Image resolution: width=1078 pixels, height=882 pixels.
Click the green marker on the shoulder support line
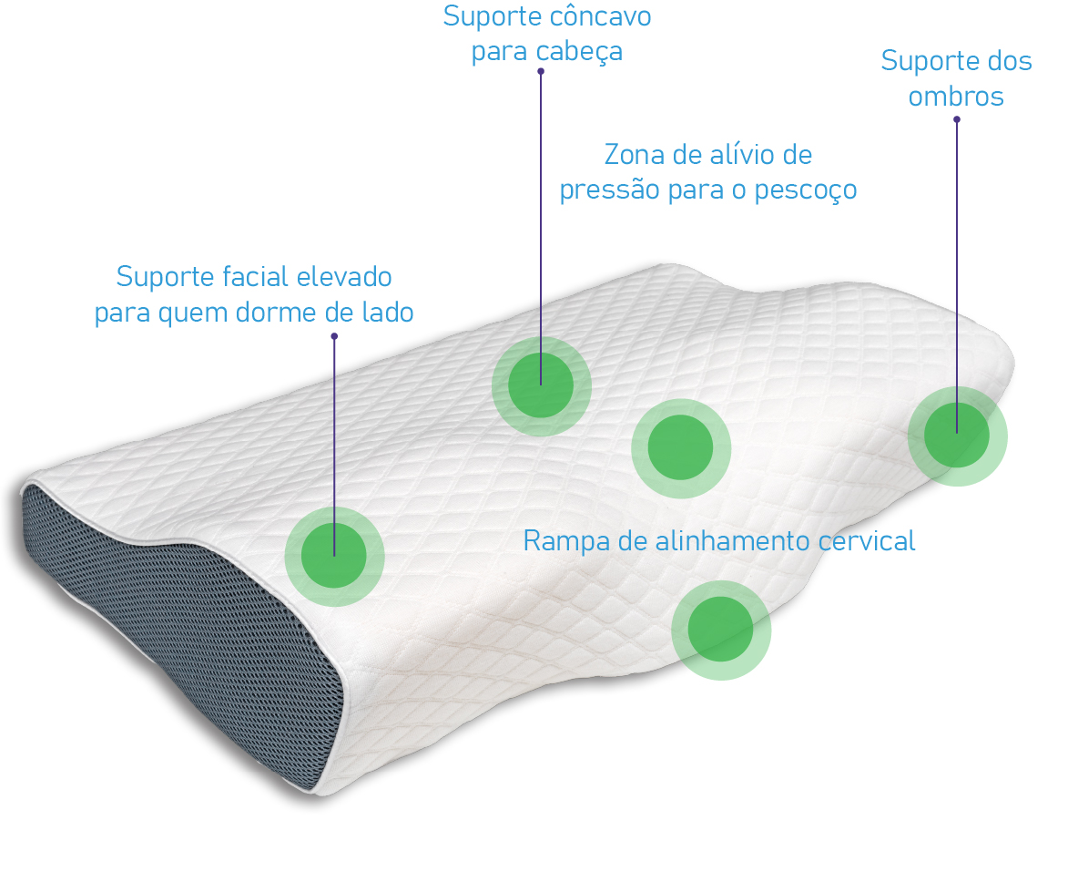[x=957, y=436]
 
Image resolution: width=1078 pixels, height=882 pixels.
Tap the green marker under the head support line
[x=541, y=385]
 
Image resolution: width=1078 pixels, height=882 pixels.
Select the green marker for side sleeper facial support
[x=334, y=556]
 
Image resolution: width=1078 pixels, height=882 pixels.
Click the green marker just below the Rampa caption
[x=720, y=630]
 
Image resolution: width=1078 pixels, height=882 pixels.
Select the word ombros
[x=956, y=97]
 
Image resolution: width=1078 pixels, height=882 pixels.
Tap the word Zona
[x=635, y=155]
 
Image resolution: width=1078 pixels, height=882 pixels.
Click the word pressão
[x=601, y=190]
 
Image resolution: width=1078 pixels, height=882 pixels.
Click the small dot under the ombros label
[x=956, y=119]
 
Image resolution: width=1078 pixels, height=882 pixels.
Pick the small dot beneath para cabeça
[x=541, y=71]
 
